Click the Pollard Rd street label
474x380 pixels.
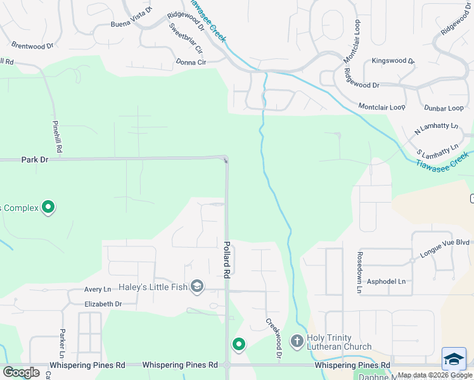(226, 259)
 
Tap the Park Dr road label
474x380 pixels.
(35, 160)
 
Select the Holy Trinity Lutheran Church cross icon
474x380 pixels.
(297, 341)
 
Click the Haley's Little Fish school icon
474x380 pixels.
(197, 287)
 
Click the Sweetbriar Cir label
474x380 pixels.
(186, 38)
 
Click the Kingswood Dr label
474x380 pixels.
(393, 61)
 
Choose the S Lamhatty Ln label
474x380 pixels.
(437, 151)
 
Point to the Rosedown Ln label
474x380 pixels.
(359, 272)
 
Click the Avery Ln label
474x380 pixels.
(98, 289)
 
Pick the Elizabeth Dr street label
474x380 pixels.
(103, 304)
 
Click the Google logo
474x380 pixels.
(22, 372)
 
